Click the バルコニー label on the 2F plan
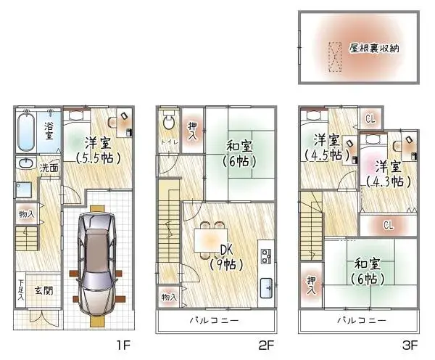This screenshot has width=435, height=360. pyautogui.click(x=214, y=320)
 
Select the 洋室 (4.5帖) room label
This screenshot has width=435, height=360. pyautogui.click(x=326, y=147)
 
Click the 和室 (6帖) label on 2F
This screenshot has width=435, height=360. pyautogui.click(x=238, y=154)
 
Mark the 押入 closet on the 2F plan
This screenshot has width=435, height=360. pyautogui.click(x=191, y=131)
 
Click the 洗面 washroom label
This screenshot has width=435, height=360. pyautogui.click(x=49, y=168)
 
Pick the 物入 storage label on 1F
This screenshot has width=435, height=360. pyautogui.click(x=25, y=214)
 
